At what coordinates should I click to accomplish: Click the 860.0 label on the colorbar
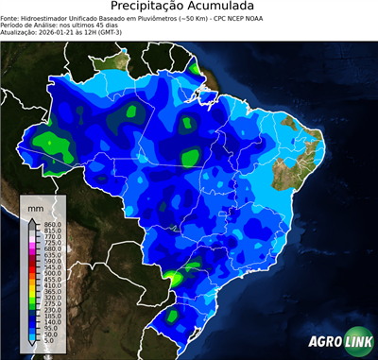point(52,223)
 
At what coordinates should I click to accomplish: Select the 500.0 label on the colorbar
point(52,273)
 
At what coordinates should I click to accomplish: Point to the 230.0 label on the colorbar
point(52,308)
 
